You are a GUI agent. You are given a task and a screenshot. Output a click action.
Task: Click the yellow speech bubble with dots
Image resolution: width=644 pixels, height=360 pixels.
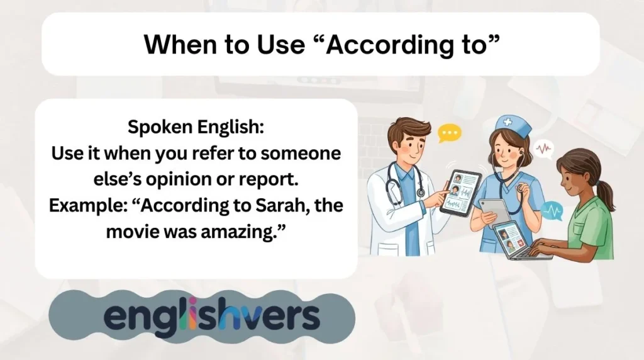click(450, 133)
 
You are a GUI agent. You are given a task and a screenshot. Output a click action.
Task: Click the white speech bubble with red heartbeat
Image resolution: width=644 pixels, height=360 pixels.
click(543, 150)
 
